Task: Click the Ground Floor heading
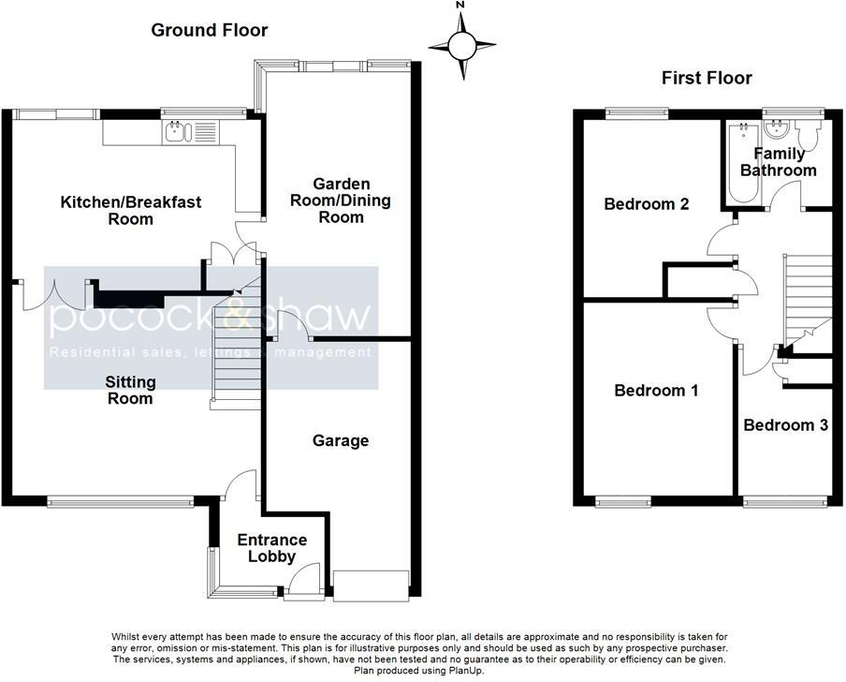[210, 30]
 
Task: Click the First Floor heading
[707, 79]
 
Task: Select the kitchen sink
[178, 132]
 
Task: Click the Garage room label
[341, 440]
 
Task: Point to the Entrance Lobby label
[272, 548]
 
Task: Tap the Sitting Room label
[130, 391]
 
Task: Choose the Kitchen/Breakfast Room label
[131, 211]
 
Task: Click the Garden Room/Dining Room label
[341, 200]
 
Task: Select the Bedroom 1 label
[656, 391]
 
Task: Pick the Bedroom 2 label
[647, 204]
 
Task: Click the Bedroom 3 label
[785, 425]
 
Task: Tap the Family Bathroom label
[779, 162]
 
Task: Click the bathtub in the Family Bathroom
[743, 163]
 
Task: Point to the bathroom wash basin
[778, 129]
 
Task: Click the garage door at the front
[372, 586]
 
